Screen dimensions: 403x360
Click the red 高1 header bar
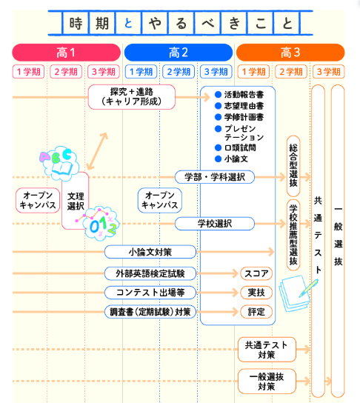pos(66,53)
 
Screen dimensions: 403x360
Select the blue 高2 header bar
pos(179,53)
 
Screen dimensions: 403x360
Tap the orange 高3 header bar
pos(290,53)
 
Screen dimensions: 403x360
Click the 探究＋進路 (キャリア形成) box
pos(131,96)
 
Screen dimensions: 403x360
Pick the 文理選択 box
pos(76,201)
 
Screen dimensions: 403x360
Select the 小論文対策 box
pos(151,253)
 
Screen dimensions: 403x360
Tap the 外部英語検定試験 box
pos(151,273)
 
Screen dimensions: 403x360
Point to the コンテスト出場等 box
pos(151,292)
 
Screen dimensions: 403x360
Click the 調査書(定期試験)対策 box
pos(151,311)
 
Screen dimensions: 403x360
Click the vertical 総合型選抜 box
pos(293,164)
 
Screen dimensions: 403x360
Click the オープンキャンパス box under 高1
pos(36,200)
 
